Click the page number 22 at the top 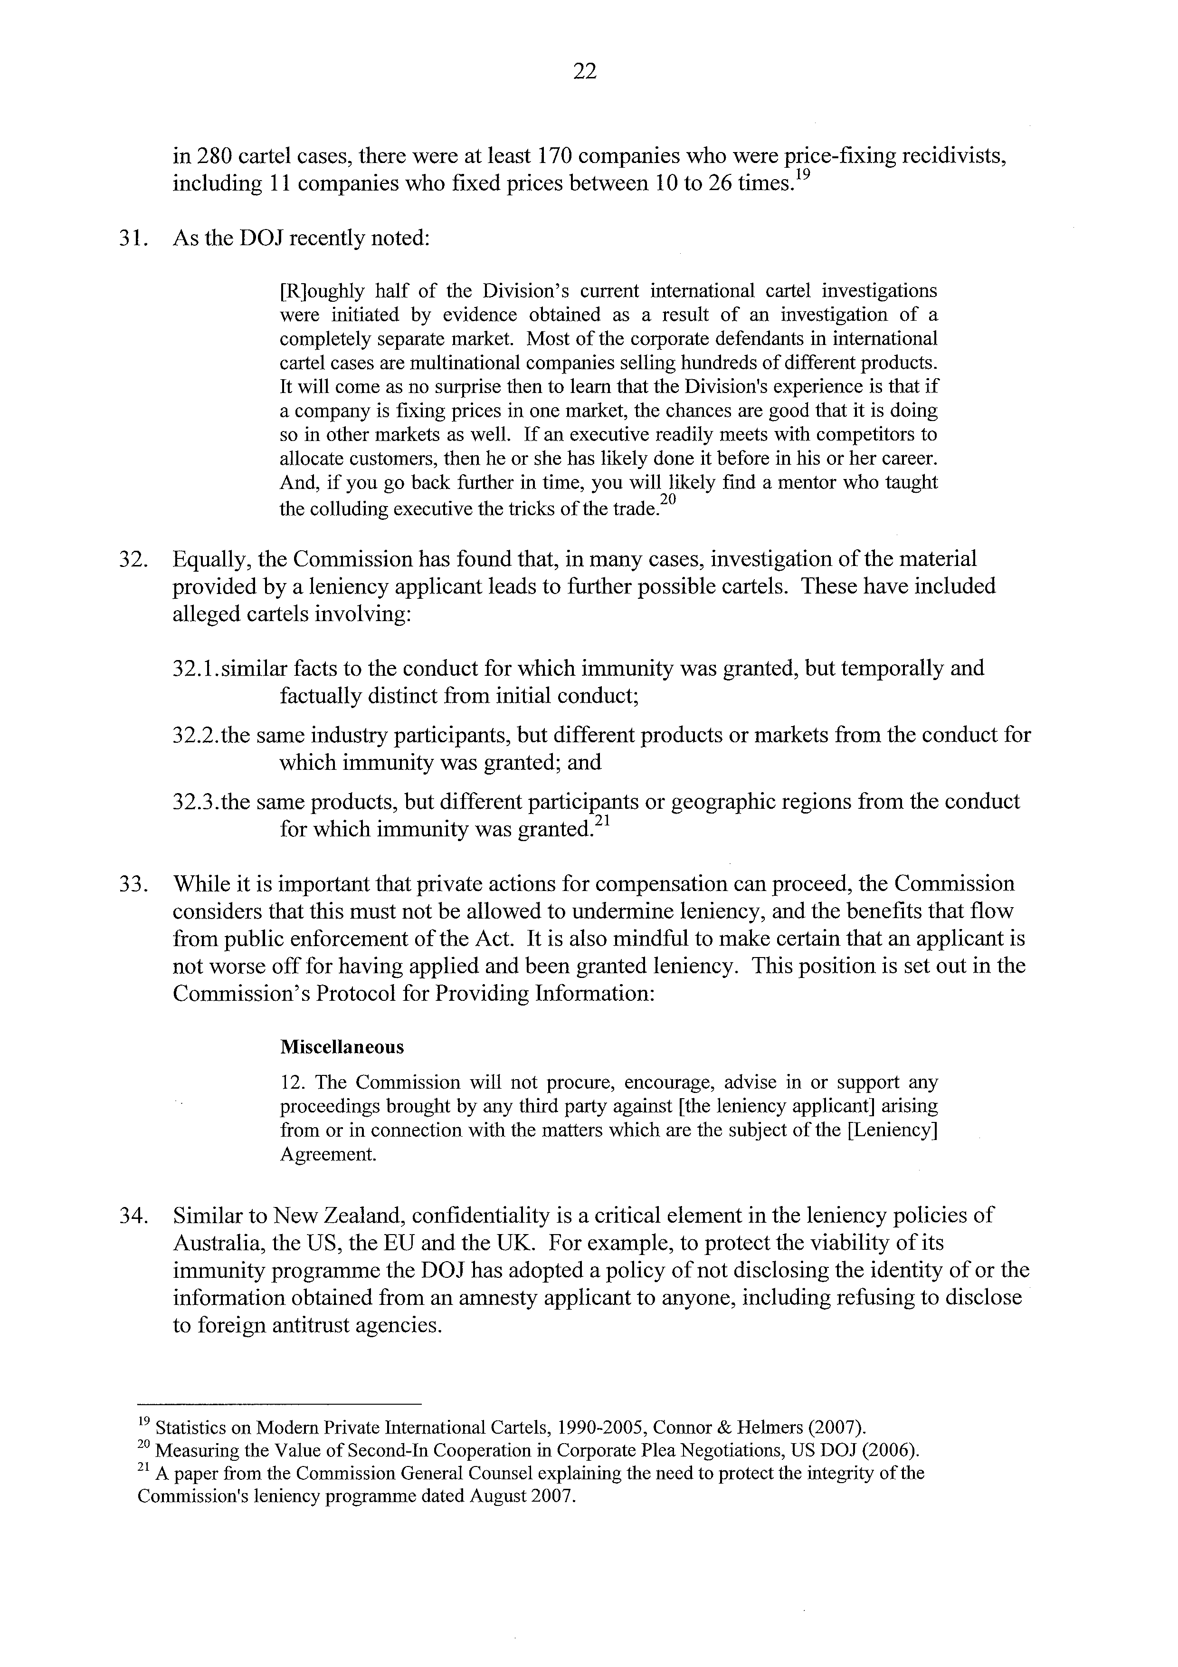point(584,71)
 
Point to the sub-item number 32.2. point(196,736)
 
